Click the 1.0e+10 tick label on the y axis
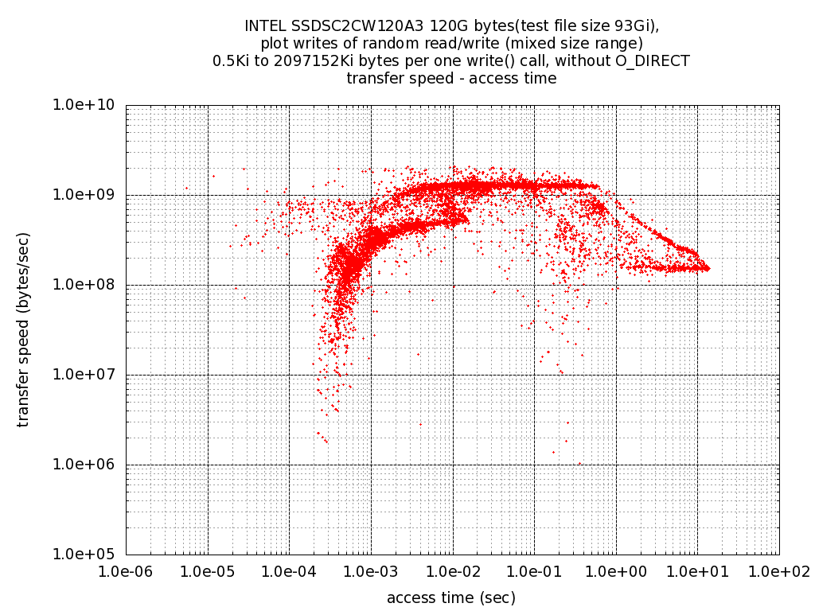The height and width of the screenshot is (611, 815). [86, 105]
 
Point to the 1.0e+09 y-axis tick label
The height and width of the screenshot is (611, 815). [86, 195]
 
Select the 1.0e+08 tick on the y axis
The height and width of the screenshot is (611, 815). [86, 285]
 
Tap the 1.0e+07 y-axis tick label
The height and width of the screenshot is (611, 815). [86, 375]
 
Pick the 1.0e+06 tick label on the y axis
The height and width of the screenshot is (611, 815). [86, 465]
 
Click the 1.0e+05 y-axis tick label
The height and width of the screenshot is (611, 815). [86, 555]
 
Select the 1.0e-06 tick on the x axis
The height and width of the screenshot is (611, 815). [126, 571]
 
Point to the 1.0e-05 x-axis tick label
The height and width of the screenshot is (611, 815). [208, 571]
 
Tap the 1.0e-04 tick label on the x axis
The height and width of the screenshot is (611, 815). [289, 571]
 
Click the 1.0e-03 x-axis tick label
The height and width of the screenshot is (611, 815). [371, 571]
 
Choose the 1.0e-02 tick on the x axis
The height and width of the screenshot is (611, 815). [453, 571]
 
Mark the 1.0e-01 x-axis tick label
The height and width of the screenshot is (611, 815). [534, 571]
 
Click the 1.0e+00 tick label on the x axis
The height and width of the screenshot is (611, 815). [616, 571]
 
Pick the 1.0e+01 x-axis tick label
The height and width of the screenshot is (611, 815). [698, 571]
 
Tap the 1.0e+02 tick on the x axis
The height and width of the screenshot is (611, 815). [779, 571]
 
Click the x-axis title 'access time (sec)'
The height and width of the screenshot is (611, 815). [451, 597]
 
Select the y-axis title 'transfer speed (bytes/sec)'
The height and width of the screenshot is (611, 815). [24, 329]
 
